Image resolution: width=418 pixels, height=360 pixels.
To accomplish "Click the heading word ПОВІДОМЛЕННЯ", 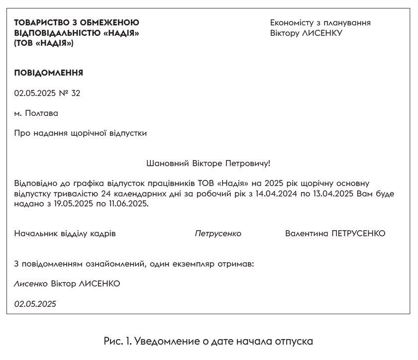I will point(48,73).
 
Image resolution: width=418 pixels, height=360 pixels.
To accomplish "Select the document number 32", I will point(76,93).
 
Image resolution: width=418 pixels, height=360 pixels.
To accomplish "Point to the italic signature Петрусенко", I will point(218,234).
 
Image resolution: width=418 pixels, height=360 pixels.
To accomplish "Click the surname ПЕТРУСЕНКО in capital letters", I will point(358,234).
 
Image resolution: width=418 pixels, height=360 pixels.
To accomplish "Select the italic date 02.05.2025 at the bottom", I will point(35,304).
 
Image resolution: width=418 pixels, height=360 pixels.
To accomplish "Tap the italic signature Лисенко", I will point(31,284).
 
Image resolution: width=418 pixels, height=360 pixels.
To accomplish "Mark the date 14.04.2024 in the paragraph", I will point(276,194).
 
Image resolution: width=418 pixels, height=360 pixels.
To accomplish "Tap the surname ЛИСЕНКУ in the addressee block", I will point(322,33).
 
